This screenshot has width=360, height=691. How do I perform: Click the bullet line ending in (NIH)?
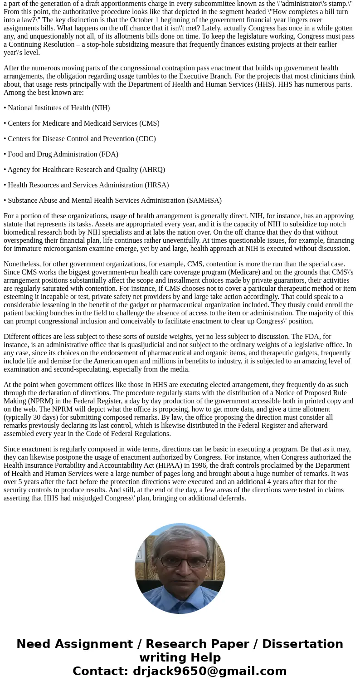[x=57, y=108]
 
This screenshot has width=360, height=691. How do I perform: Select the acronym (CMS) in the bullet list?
[x=149, y=123]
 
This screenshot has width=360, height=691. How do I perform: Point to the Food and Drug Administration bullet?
[x=61, y=154]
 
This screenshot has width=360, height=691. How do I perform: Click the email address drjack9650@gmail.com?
[x=209, y=671]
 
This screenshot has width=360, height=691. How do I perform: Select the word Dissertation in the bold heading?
[x=302, y=644]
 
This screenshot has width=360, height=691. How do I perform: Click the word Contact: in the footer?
[x=100, y=671]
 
